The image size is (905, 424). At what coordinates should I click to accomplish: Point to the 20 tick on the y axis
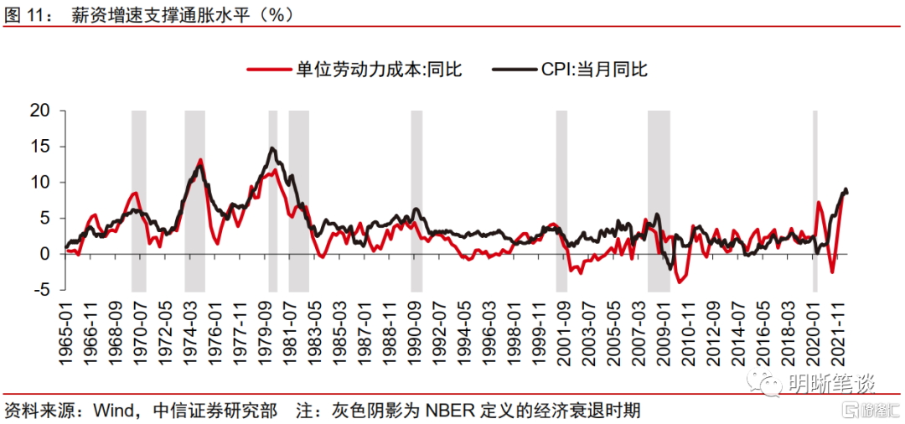click(x=40, y=111)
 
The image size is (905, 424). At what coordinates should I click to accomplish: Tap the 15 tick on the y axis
click(x=40, y=147)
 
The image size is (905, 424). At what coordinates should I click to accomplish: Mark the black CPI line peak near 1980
click(x=273, y=148)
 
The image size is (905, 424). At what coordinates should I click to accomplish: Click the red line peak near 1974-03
click(x=200, y=159)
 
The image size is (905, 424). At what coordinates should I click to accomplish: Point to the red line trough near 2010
click(x=680, y=282)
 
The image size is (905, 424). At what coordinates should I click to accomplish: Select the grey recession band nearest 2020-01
click(x=814, y=201)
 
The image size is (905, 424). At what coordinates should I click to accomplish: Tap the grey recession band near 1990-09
click(x=416, y=201)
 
